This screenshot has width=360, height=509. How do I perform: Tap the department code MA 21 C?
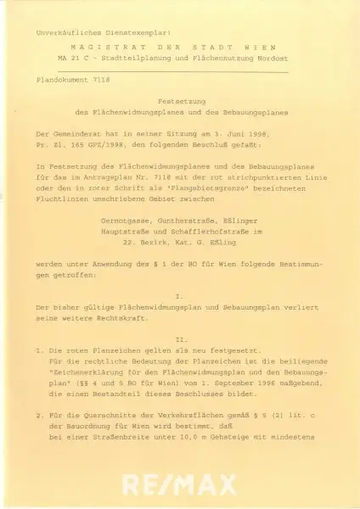pos(73,61)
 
